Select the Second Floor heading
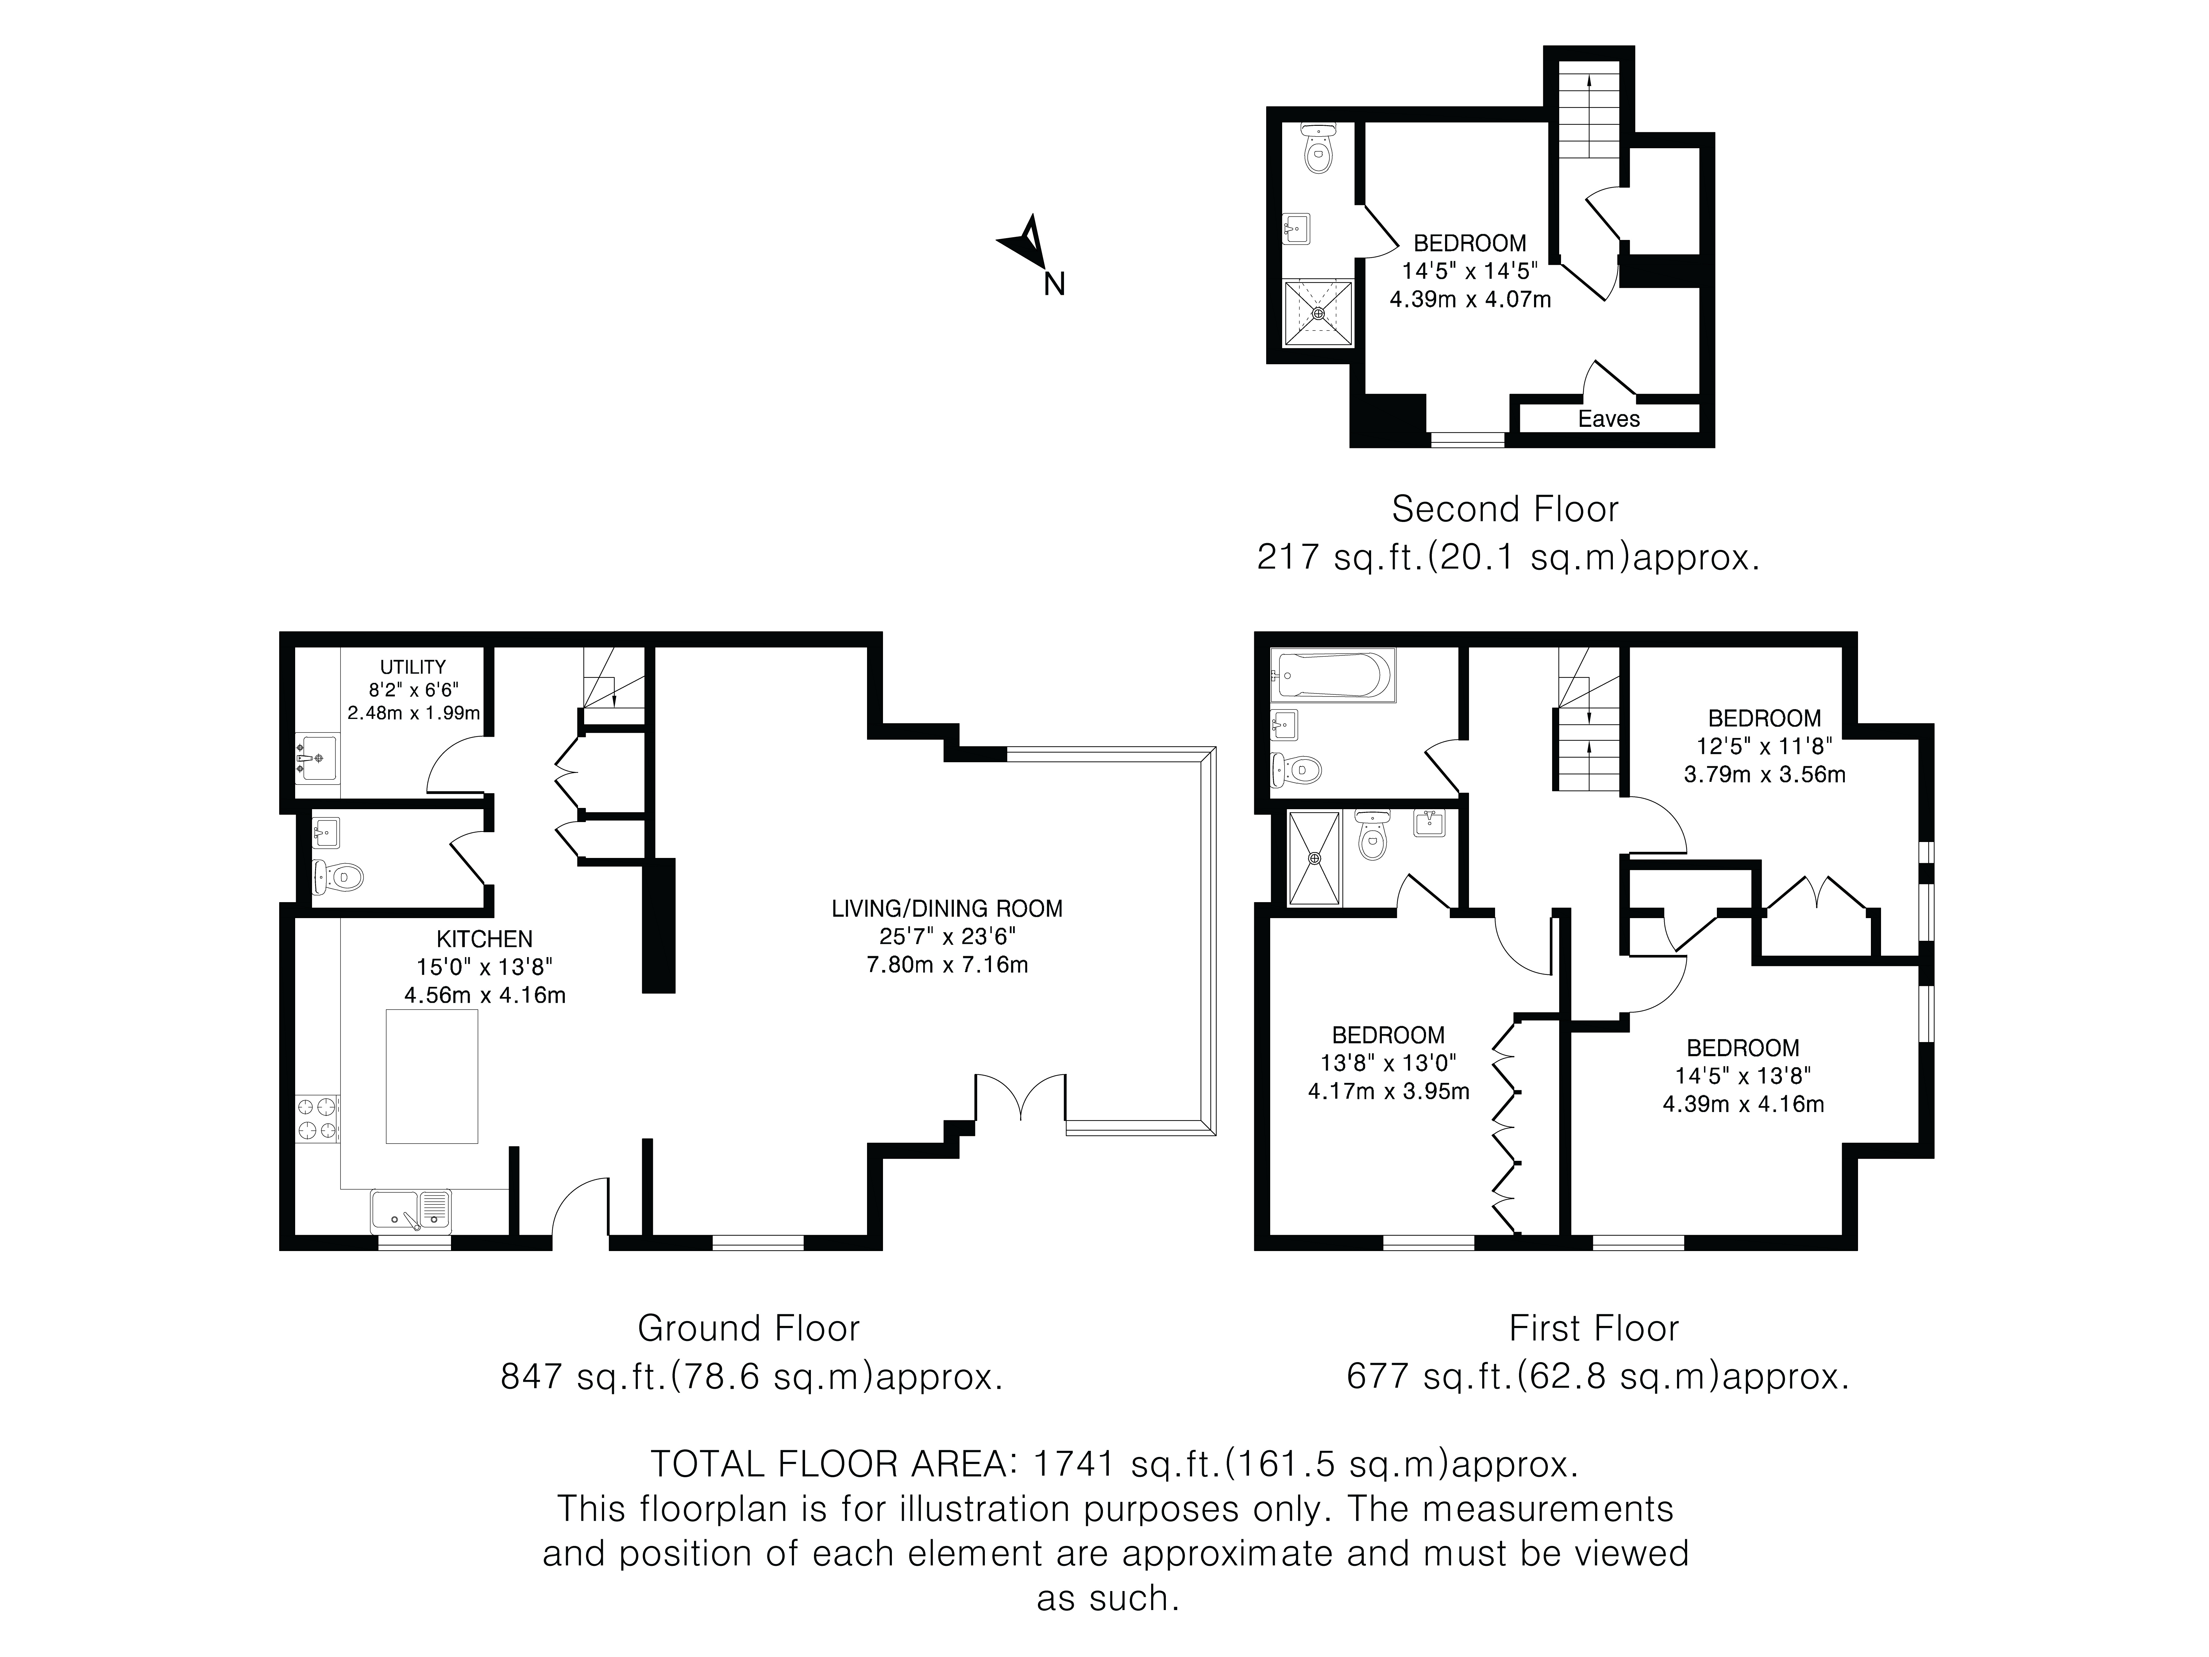[x=1505, y=509]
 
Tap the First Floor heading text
[x=1594, y=1328]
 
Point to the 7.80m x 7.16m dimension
[x=947, y=965]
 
